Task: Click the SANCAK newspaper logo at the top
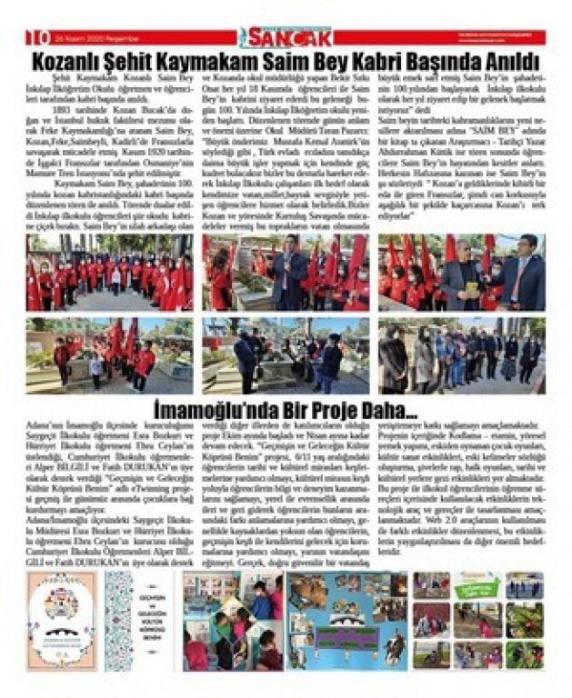(x=274, y=37)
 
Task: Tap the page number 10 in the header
(x=37, y=37)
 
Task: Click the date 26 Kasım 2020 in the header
(x=79, y=38)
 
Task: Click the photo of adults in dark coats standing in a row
(x=461, y=355)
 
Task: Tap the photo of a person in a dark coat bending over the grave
(x=285, y=355)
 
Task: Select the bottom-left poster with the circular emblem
(x=60, y=621)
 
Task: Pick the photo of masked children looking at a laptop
(x=231, y=621)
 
